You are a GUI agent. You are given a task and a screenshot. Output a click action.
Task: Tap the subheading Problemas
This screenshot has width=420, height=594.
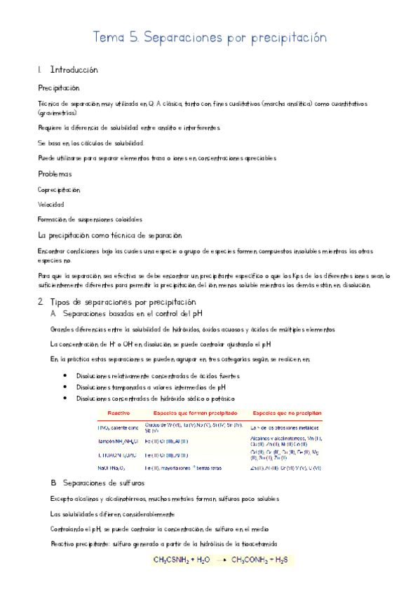[55, 174]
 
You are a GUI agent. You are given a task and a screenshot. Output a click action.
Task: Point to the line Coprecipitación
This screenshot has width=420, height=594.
[59, 189]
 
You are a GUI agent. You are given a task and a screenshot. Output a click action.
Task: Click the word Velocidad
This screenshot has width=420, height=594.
[50, 205]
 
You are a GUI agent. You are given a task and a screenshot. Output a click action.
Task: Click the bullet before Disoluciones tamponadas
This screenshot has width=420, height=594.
[65, 387]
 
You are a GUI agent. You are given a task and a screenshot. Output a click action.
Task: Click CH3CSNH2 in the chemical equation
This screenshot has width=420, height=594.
[174, 560]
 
